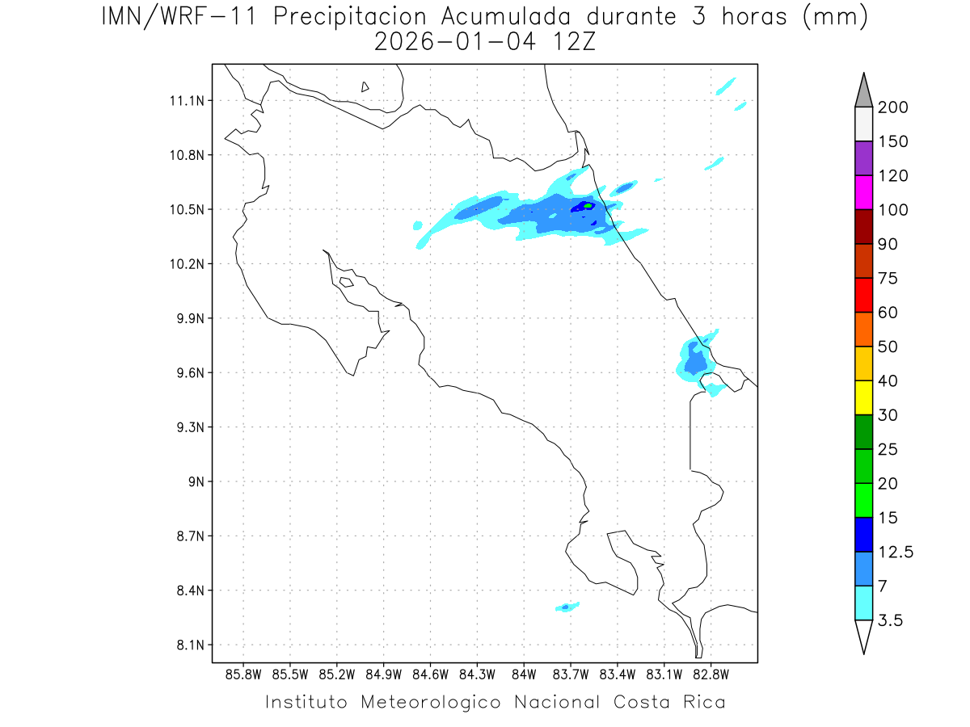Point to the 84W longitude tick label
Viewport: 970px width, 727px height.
click(x=524, y=674)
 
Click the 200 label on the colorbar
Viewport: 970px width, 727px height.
click(x=892, y=107)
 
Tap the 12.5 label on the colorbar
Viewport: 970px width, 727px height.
click(x=895, y=552)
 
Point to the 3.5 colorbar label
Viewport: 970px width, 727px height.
click(x=890, y=620)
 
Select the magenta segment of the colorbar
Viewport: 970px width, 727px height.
click(x=863, y=192)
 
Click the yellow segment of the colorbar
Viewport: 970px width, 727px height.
click(x=863, y=397)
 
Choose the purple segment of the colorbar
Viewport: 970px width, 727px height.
click(x=863, y=158)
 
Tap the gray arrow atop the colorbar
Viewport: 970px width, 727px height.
click(x=863, y=90)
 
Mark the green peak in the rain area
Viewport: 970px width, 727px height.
click(x=588, y=206)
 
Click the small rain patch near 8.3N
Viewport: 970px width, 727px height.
click(x=567, y=607)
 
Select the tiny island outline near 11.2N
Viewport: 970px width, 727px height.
click(x=365, y=86)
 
